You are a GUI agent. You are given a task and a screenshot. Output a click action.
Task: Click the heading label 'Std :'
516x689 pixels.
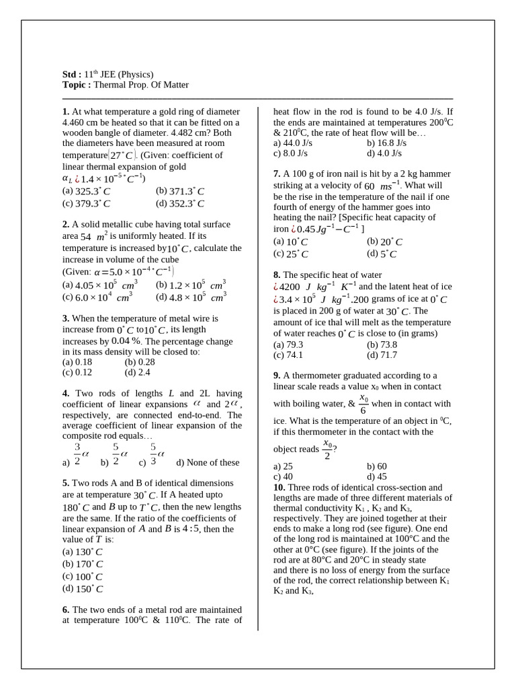coord(72,74)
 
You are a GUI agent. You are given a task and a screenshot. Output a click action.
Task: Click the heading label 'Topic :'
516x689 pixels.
coord(77,85)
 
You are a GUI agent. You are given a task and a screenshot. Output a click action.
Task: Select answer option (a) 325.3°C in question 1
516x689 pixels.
coord(86,191)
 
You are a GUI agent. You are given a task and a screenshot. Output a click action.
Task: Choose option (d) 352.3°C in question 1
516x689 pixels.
coord(179,203)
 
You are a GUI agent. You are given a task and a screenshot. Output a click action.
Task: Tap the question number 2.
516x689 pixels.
coord(66,225)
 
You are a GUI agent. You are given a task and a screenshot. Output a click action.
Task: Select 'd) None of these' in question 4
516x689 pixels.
coord(207,462)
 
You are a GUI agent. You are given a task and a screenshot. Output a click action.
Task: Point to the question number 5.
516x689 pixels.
coord(66,483)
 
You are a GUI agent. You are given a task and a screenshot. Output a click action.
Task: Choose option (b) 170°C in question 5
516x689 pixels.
coord(83,564)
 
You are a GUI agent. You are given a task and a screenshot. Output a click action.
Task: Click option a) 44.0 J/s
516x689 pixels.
coord(293,143)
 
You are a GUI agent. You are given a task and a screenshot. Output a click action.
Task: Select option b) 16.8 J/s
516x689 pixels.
coord(386,143)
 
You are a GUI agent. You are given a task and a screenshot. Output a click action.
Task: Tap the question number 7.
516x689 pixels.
coord(277,174)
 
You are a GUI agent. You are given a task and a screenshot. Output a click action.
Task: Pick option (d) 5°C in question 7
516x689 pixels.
coord(382,254)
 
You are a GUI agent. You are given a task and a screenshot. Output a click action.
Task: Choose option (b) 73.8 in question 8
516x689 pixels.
coord(382,344)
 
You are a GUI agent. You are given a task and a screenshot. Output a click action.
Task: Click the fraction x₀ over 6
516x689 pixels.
coord(363,404)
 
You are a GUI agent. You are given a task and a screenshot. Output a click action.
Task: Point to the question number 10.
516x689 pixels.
coord(279,487)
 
